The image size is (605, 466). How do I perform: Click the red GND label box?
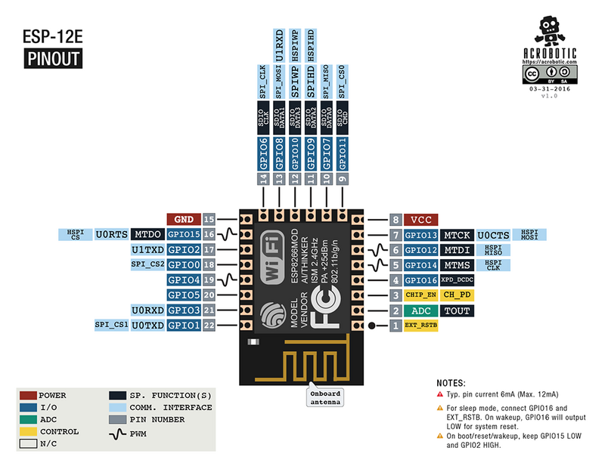pos(183,219)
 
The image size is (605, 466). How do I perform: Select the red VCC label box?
pos(420,220)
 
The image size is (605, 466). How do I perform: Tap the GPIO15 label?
pos(183,234)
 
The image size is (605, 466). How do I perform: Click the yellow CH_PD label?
pos(458,295)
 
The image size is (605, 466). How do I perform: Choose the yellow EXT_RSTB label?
pos(420,326)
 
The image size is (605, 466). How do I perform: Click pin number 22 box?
pos(209,326)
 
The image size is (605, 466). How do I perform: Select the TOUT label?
pos(457,310)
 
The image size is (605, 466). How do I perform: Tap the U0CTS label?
pos(493,235)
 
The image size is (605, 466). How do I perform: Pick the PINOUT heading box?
pos(52,60)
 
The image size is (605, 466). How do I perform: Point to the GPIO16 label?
pos(420,280)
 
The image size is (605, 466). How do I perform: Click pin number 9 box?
pos(343,179)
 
